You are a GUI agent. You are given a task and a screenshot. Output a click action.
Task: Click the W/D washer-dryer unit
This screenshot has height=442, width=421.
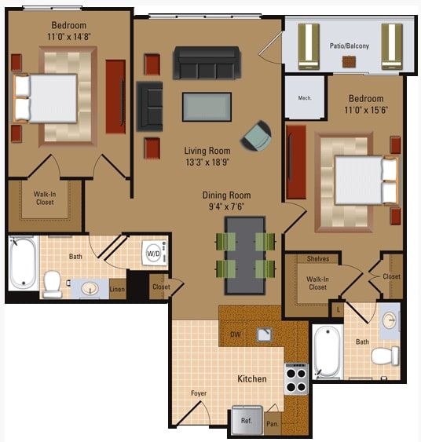154,254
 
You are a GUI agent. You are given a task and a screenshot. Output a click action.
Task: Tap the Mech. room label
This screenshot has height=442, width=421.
305,98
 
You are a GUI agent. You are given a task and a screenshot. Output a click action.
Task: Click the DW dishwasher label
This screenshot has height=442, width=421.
235,334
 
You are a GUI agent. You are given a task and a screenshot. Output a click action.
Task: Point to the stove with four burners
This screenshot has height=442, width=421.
296,380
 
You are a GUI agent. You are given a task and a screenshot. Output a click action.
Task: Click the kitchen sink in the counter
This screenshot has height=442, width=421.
264,334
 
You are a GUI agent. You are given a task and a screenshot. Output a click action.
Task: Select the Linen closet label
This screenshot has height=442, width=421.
117,290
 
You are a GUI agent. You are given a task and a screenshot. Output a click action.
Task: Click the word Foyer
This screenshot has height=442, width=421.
198,393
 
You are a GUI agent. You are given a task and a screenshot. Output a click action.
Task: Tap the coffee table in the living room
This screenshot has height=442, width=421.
207,107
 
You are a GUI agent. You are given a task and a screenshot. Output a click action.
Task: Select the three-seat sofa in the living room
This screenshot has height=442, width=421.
207,63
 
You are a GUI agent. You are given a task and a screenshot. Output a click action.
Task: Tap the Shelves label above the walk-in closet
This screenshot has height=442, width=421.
318,259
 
